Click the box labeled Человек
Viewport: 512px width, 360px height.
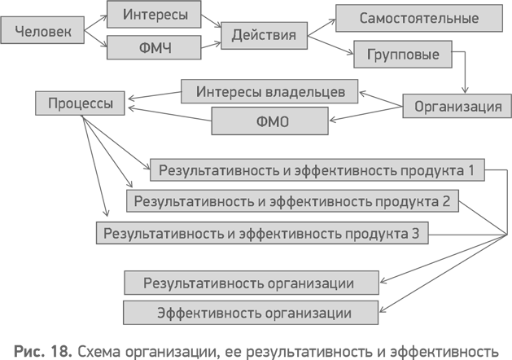click(42, 32)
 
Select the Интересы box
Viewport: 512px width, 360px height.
click(154, 15)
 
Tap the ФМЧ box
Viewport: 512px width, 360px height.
click(154, 47)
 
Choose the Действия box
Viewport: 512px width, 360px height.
click(264, 35)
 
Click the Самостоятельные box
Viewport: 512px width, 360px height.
click(419, 18)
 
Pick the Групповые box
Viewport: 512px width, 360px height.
click(402, 55)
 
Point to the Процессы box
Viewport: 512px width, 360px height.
click(80, 103)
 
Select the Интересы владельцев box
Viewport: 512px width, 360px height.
click(269, 91)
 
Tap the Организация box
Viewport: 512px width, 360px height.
click(457, 106)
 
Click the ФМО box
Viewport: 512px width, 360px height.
click(269, 121)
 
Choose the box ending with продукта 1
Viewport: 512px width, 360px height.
click(317, 170)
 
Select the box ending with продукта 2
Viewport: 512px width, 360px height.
click(292, 201)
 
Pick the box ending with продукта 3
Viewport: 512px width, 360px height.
click(261, 234)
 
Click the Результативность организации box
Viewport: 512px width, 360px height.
click(251, 283)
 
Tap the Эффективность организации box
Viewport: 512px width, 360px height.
click(251, 313)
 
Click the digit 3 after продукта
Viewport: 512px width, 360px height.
click(415, 234)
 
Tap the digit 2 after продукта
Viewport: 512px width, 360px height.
click(445, 201)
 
